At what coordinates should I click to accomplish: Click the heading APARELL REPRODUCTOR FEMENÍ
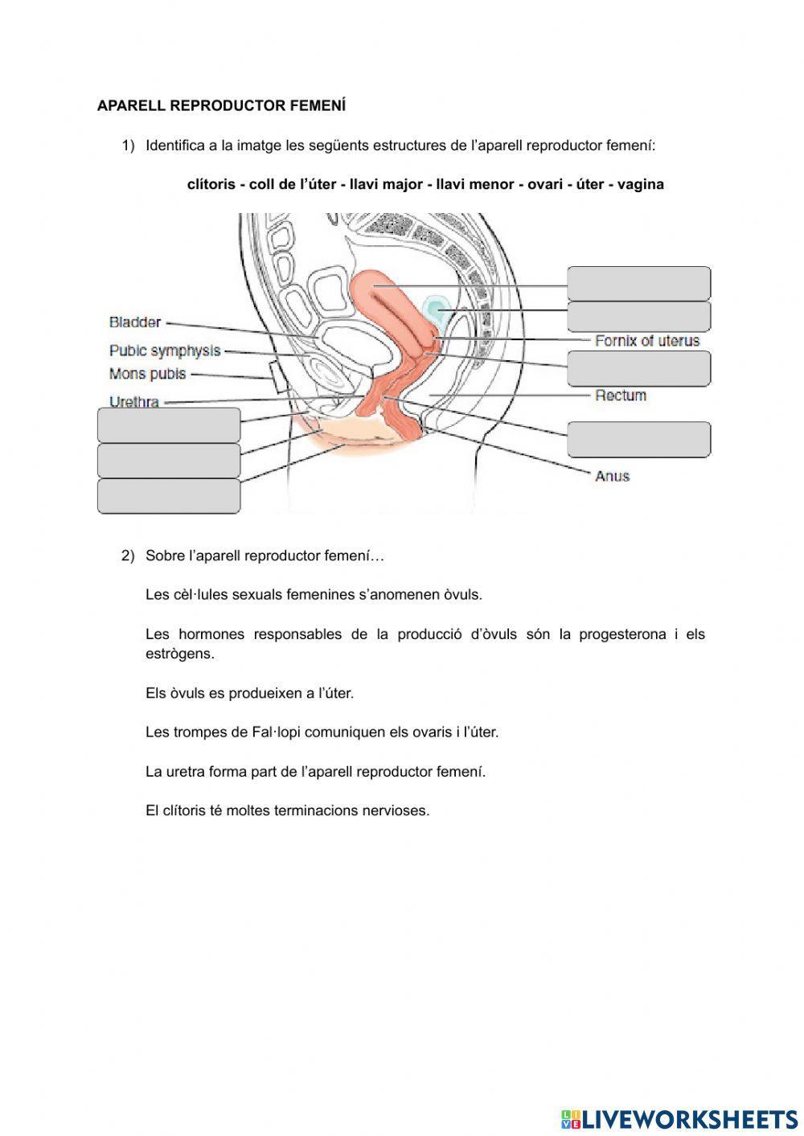click(221, 105)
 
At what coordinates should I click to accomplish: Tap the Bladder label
click(135, 322)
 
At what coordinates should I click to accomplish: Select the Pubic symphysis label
click(165, 351)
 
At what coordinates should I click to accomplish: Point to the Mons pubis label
click(147, 374)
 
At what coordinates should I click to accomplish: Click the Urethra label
click(134, 401)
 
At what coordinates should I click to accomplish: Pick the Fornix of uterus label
click(647, 341)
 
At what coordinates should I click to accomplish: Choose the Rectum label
click(621, 396)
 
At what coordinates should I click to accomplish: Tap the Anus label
click(612, 476)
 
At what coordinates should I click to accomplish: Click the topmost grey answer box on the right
click(638, 283)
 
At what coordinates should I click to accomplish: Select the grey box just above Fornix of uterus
click(638, 317)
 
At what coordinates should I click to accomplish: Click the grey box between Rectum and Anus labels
click(638, 440)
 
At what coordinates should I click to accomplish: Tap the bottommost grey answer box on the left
click(169, 496)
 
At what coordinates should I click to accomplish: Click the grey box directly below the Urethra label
click(169, 424)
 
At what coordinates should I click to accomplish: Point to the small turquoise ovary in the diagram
click(435, 309)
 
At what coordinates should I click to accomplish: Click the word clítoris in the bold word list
click(211, 184)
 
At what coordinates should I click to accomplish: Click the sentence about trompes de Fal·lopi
click(322, 732)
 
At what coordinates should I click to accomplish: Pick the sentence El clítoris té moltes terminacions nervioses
click(287, 810)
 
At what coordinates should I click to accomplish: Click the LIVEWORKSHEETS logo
click(679, 1118)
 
